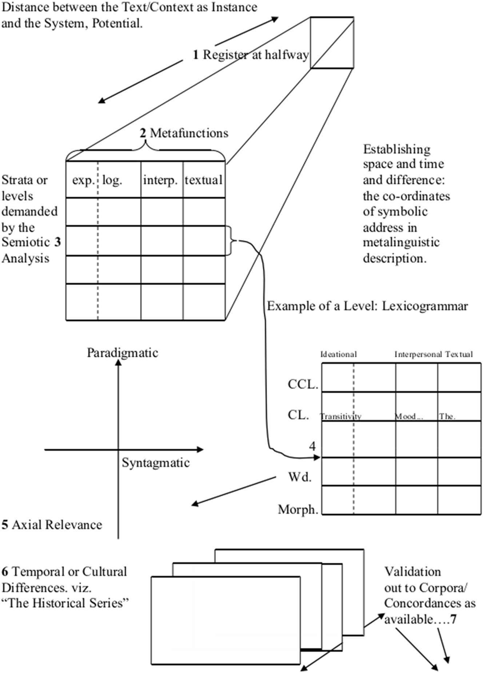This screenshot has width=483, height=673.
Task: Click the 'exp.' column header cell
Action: pos(83,180)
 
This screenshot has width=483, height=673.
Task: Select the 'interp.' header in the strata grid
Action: pos(160,180)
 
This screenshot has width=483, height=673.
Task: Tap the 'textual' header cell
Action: pos(204,180)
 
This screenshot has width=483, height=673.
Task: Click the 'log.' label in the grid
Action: pos(112,180)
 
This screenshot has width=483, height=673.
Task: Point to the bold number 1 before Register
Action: pos(196,55)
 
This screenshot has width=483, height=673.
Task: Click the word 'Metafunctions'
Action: pos(189,133)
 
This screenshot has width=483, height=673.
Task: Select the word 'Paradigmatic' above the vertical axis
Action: pos(123,353)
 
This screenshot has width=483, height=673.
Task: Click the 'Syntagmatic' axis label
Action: pos(156,463)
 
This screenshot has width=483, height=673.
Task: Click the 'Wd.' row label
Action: pos(300,477)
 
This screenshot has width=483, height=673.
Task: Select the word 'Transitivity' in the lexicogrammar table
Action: pos(341,417)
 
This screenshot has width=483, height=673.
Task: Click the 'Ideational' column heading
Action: pos(338,354)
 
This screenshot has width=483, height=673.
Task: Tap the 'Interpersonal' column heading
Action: pos(418,354)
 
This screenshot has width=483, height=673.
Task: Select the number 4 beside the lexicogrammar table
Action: pos(312,446)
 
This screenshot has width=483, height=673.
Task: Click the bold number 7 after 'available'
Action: pos(453,619)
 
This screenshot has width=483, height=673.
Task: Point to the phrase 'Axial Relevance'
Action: pos(57,525)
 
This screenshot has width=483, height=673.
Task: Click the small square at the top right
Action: pos(332,42)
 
